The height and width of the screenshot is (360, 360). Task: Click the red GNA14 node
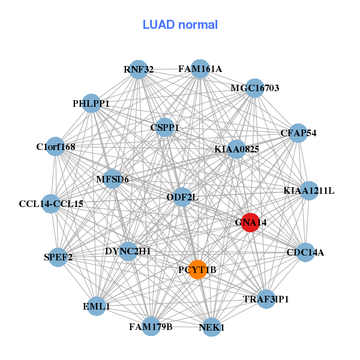click(x=250, y=222)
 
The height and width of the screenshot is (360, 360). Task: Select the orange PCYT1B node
click(x=197, y=270)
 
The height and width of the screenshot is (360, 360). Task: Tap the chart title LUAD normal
click(x=180, y=25)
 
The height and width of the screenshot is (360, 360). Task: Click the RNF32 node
click(x=139, y=69)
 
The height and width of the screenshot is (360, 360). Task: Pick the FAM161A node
click(x=200, y=69)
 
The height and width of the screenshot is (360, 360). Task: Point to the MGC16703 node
click(x=255, y=88)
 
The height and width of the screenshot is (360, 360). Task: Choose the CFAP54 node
click(x=298, y=133)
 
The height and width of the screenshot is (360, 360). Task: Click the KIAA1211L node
click(x=308, y=191)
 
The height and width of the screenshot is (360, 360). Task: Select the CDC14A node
click(x=305, y=252)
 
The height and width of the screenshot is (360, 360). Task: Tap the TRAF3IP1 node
click(x=266, y=298)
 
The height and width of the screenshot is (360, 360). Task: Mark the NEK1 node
click(x=211, y=327)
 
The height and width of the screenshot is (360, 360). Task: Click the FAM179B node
click(x=151, y=326)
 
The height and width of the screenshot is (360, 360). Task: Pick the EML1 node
click(x=97, y=306)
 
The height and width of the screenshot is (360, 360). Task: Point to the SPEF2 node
click(x=58, y=257)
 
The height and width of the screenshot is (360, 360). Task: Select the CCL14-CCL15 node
click(x=51, y=203)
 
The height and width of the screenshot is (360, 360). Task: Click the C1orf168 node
click(x=55, y=146)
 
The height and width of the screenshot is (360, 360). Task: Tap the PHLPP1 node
click(x=91, y=103)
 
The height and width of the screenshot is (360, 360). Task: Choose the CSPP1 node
click(x=164, y=127)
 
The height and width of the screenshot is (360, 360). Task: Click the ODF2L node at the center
click(x=182, y=197)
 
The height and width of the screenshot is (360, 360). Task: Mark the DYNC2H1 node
click(x=128, y=251)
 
